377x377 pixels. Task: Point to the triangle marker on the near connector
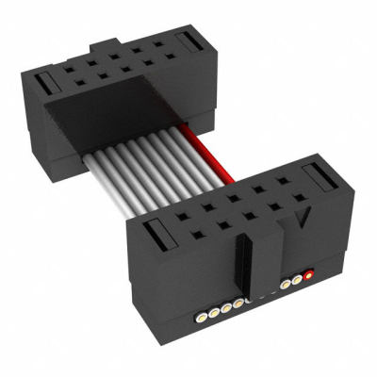coord(303,223)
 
